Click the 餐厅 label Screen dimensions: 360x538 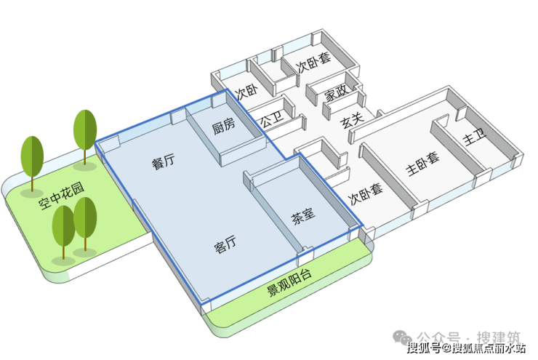click(163, 162)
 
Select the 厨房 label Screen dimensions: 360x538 click(223, 126)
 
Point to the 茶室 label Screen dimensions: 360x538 click(302, 215)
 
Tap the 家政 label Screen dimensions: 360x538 click(334, 93)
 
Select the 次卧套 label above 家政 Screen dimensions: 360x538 click(313, 65)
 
